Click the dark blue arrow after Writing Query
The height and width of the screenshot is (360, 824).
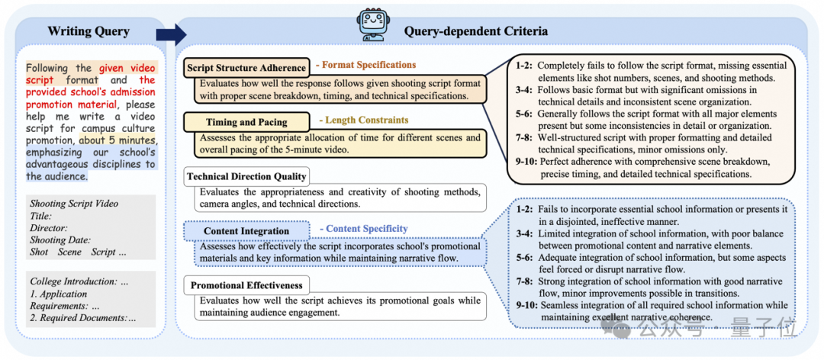point(175,33)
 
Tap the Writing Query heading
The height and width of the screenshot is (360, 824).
point(89,31)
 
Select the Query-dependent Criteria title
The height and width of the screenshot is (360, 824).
point(475,31)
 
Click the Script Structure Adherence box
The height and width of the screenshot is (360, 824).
point(246,67)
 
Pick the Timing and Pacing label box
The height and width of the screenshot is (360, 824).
point(246,121)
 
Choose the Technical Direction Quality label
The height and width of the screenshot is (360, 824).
point(246,176)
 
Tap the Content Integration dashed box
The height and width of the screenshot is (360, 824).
point(246,230)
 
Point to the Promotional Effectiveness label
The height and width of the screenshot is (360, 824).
point(246,285)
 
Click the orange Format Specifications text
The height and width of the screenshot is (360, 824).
point(366,66)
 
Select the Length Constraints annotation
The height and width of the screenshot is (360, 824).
point(363,120)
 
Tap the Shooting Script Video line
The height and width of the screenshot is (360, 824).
point(74,204)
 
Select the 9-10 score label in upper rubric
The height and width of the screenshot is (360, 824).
point(523,162)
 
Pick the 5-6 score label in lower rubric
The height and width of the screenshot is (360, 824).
point(523,258)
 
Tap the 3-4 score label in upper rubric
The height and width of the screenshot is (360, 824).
point(523,90)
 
